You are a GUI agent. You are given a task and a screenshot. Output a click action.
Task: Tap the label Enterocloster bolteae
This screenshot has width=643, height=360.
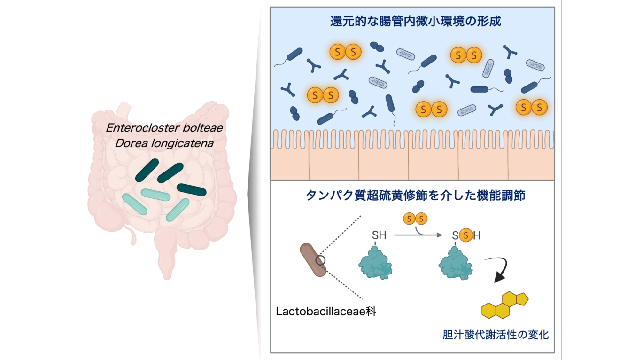pos(164,128)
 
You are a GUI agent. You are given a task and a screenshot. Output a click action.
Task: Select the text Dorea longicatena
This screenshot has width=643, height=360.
pos(164,142)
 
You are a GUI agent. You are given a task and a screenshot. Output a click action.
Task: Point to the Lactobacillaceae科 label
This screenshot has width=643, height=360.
pos(326,312)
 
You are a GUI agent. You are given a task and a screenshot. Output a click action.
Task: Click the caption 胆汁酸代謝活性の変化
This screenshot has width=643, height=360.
pos(496,335)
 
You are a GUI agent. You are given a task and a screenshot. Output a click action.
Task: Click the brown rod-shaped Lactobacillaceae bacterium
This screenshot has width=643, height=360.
pos(312,260)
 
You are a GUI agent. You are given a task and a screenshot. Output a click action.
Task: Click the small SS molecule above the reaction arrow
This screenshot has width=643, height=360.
pos(415,219)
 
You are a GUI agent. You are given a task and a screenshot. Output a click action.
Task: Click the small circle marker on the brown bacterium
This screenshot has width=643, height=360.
pos(320,260)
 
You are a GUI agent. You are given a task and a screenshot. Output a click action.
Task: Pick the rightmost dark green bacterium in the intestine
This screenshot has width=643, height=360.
pos(191,189)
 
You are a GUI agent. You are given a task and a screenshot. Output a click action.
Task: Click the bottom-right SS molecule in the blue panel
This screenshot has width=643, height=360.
pos(532,107)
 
